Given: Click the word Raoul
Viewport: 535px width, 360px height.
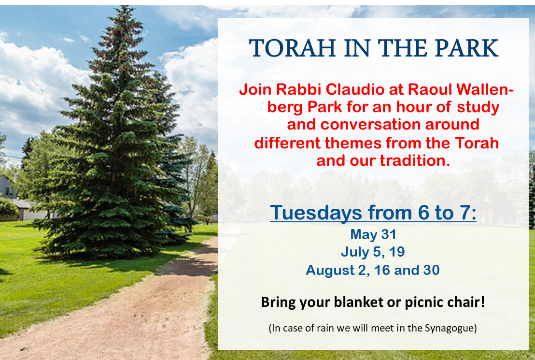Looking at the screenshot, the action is (x=430, y=89).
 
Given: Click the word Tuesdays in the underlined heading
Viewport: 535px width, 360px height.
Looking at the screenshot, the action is (x=316, y=213).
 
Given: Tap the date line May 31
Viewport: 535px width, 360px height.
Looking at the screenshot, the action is (x=373, y=234).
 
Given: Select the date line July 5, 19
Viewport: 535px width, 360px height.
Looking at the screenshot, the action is (x=373, y=252).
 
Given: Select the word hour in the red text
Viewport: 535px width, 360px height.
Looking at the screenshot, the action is (x=413, y=107).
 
